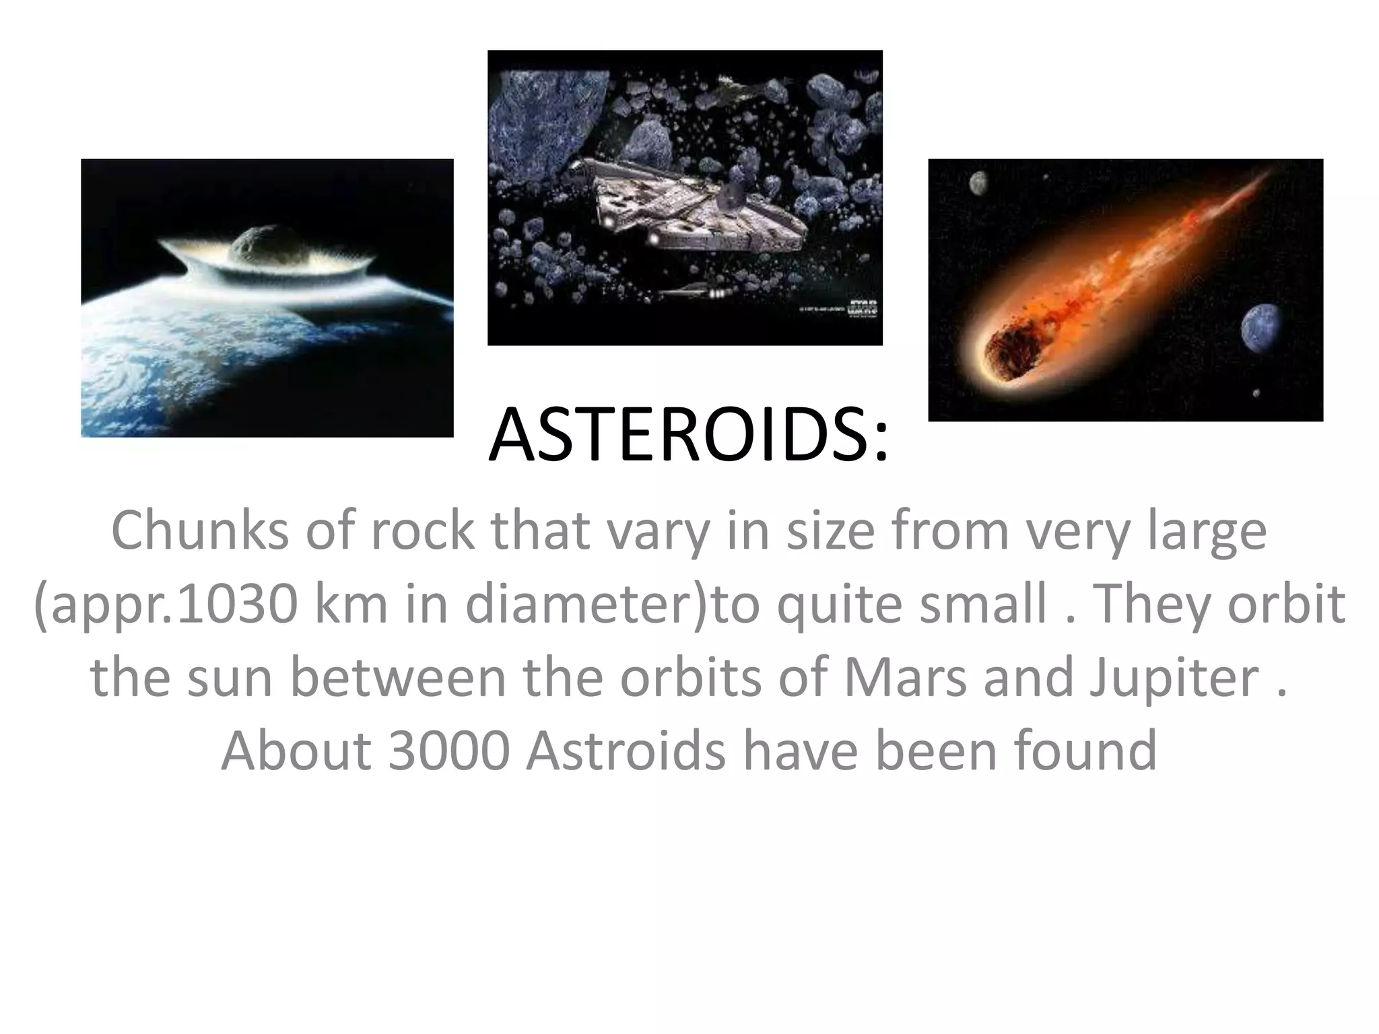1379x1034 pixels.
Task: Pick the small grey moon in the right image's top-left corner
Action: [x=978, y=182]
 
